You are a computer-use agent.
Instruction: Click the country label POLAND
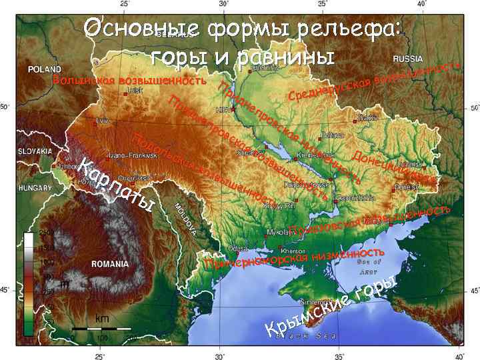pyautogui.click(x=43, y=68)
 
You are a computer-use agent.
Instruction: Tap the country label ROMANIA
pyautogui.click(x=110, y=264)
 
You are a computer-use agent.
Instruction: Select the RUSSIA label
pyautogui.click(x=411, y=58)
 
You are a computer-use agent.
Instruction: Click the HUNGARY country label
pyautogui.click(x=31, y=189)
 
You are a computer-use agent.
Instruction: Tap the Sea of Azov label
pyautogui.click(x=369, y=267)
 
